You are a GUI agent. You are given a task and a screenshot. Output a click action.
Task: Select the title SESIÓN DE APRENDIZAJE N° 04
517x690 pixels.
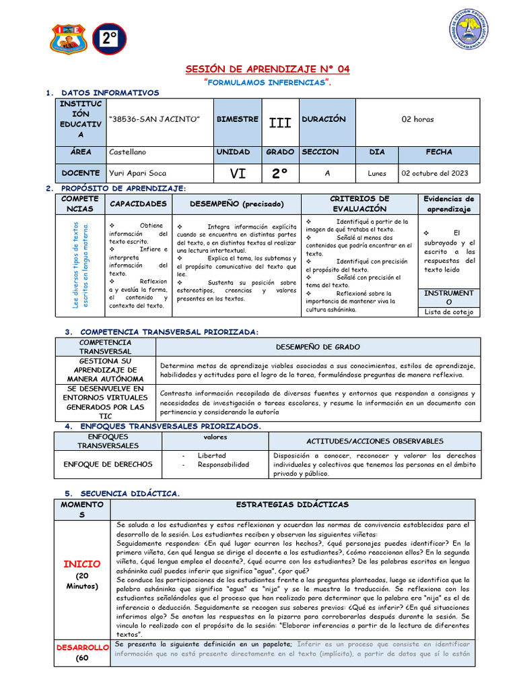click(x=267, y=69)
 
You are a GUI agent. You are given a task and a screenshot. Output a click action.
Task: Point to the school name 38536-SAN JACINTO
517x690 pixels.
click(x=155, y=119)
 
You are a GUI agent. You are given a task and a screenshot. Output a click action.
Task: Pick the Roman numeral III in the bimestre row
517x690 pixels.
click(x=279, y=123)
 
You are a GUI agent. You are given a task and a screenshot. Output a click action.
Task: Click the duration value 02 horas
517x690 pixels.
click(x=417, y=119)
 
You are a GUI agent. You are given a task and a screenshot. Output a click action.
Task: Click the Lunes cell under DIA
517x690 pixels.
click(x=377, y=173)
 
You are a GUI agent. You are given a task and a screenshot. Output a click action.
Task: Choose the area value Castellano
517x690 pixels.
click(x=127, y=152)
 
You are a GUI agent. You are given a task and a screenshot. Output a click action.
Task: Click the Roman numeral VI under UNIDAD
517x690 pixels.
click(x=238, y=174)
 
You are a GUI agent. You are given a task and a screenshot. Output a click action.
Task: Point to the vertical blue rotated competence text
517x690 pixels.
click(x=80, y=265)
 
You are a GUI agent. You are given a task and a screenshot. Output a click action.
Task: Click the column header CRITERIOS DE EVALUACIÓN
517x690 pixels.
click(x=359, y=203)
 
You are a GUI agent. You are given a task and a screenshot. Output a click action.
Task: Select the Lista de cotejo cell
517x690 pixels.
click(x=449, y=311)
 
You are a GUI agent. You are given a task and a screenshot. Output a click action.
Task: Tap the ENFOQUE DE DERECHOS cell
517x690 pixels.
click(x=108, y=464)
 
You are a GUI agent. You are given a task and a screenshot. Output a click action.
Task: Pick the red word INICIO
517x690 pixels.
click(x=82, y=563)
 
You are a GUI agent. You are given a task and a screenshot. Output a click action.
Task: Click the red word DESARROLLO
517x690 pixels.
click(x=82, y=647)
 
